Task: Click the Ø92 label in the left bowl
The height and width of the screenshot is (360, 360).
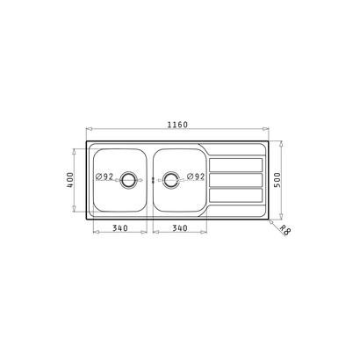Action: coord(105,177)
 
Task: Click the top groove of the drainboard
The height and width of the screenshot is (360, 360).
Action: coord(236,164)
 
